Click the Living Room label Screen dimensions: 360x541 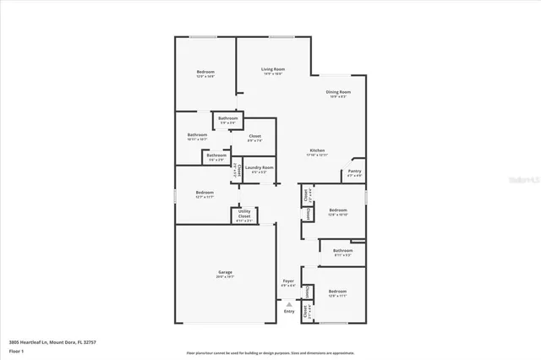[x=272, y=68]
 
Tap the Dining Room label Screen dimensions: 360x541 [x=339, y=91]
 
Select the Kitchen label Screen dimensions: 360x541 [x=315, y=150]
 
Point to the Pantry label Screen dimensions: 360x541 [x=355, y=172]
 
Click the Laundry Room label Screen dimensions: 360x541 [x=260, y=167]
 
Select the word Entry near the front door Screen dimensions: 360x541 [x=289, y=311]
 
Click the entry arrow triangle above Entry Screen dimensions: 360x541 [x=289, y=303]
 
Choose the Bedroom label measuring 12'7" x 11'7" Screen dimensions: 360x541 [x=205, y=192]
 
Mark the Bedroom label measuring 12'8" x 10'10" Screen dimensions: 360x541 [x=338, y=210]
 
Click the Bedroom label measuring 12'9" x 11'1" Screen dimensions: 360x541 [x=337, y=292]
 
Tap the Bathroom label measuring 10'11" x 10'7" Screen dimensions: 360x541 [x=198, y=135]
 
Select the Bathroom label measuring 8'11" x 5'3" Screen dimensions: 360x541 [x=342, y=250]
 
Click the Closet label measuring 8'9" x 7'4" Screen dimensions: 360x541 [x=254, y=136]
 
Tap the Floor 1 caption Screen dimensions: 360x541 [x=15, y=352]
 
